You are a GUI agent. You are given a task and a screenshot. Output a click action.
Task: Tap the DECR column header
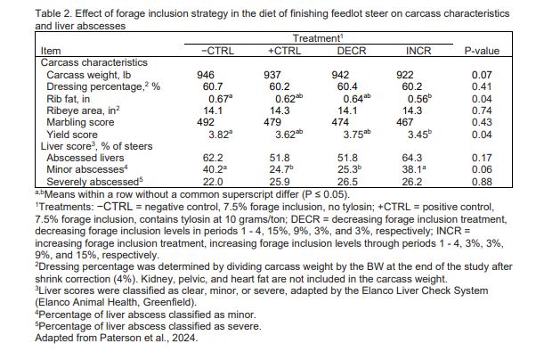[353, 52]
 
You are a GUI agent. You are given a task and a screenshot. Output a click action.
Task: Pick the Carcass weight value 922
[409, 75]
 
